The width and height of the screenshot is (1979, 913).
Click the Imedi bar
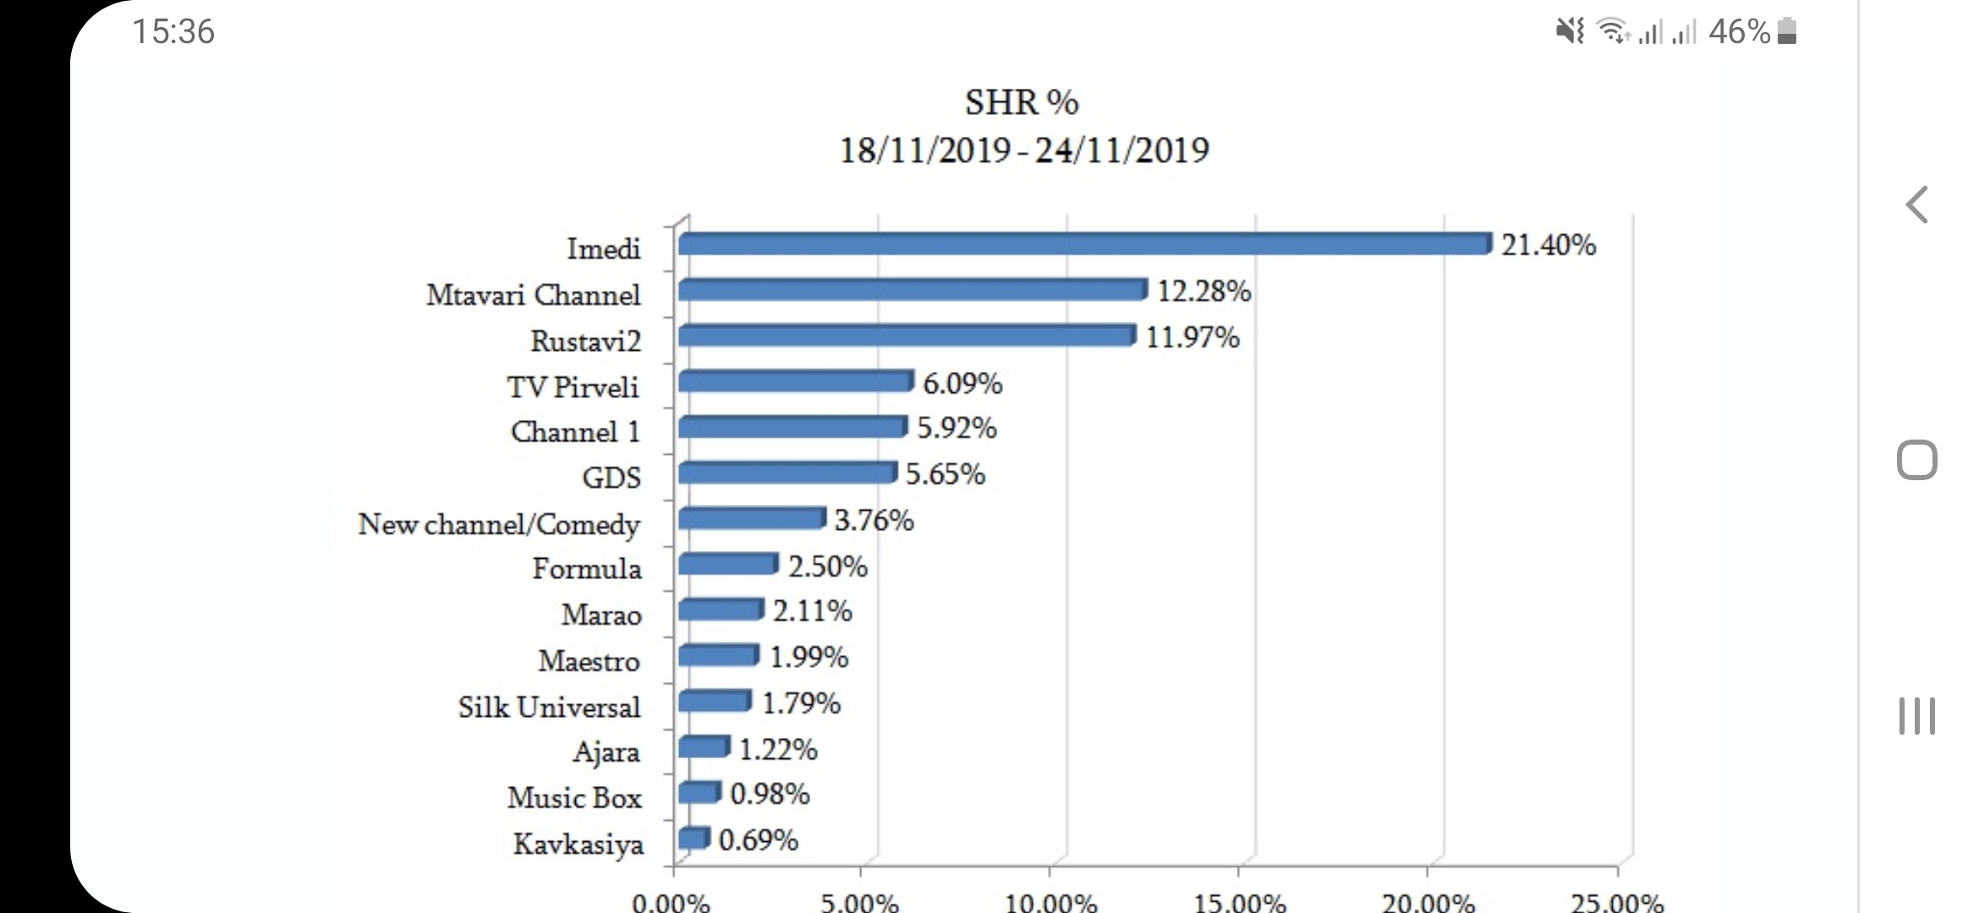click(x=1084, y=244)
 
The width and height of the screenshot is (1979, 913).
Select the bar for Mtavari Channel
click(x=913, y=290)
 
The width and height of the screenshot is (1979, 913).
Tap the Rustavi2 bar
click(x=907, y=336)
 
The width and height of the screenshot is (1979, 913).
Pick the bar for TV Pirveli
click(x=796, y=381)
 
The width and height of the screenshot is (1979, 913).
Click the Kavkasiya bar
click(x=693, y=838)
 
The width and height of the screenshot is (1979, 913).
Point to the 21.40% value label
click(x=1548, y=245)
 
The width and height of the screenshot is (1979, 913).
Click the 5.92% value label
click(x=957, y=428)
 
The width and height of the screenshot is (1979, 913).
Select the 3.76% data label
click(x=874, y=520)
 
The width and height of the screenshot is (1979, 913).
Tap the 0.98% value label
click(x=770, y=794)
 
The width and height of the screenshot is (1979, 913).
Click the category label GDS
click(x=611, y=478)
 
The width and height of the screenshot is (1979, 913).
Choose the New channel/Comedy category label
click(x=499, y=524)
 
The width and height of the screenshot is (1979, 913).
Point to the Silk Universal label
click(x=549, y=707)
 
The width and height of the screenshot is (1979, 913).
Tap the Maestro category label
click(x=589, y=660)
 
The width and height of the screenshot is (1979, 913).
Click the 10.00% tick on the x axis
click(x=1050, y=903)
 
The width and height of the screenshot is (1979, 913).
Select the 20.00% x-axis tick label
click(x=1428, y=903)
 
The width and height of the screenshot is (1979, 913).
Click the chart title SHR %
click(x=1022, y=102)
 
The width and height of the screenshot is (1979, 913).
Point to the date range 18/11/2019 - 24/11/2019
click(x=1023, y=150)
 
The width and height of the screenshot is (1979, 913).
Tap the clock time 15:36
click(x=173, y=32)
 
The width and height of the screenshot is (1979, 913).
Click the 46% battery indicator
click(x=1751, y=32)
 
